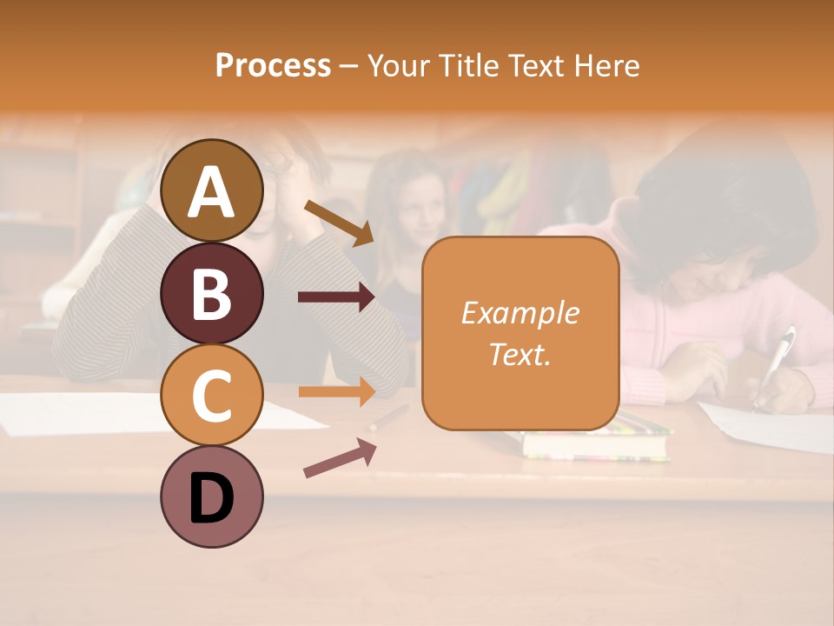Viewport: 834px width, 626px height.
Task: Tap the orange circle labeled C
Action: pos(212,395)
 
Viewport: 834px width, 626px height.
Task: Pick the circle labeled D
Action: pos(212,496)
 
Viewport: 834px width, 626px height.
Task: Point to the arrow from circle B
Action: pos(336,297)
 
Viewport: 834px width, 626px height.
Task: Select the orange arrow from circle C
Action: pos(336,391)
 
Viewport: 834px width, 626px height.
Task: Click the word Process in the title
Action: pos(273,65)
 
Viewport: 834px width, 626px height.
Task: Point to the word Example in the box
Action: pos(520,313)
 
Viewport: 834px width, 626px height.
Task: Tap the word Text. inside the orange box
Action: pos(520,354)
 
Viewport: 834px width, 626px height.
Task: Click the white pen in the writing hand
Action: pos(777,361)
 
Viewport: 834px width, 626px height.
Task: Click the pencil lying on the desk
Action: pos(388,418)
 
